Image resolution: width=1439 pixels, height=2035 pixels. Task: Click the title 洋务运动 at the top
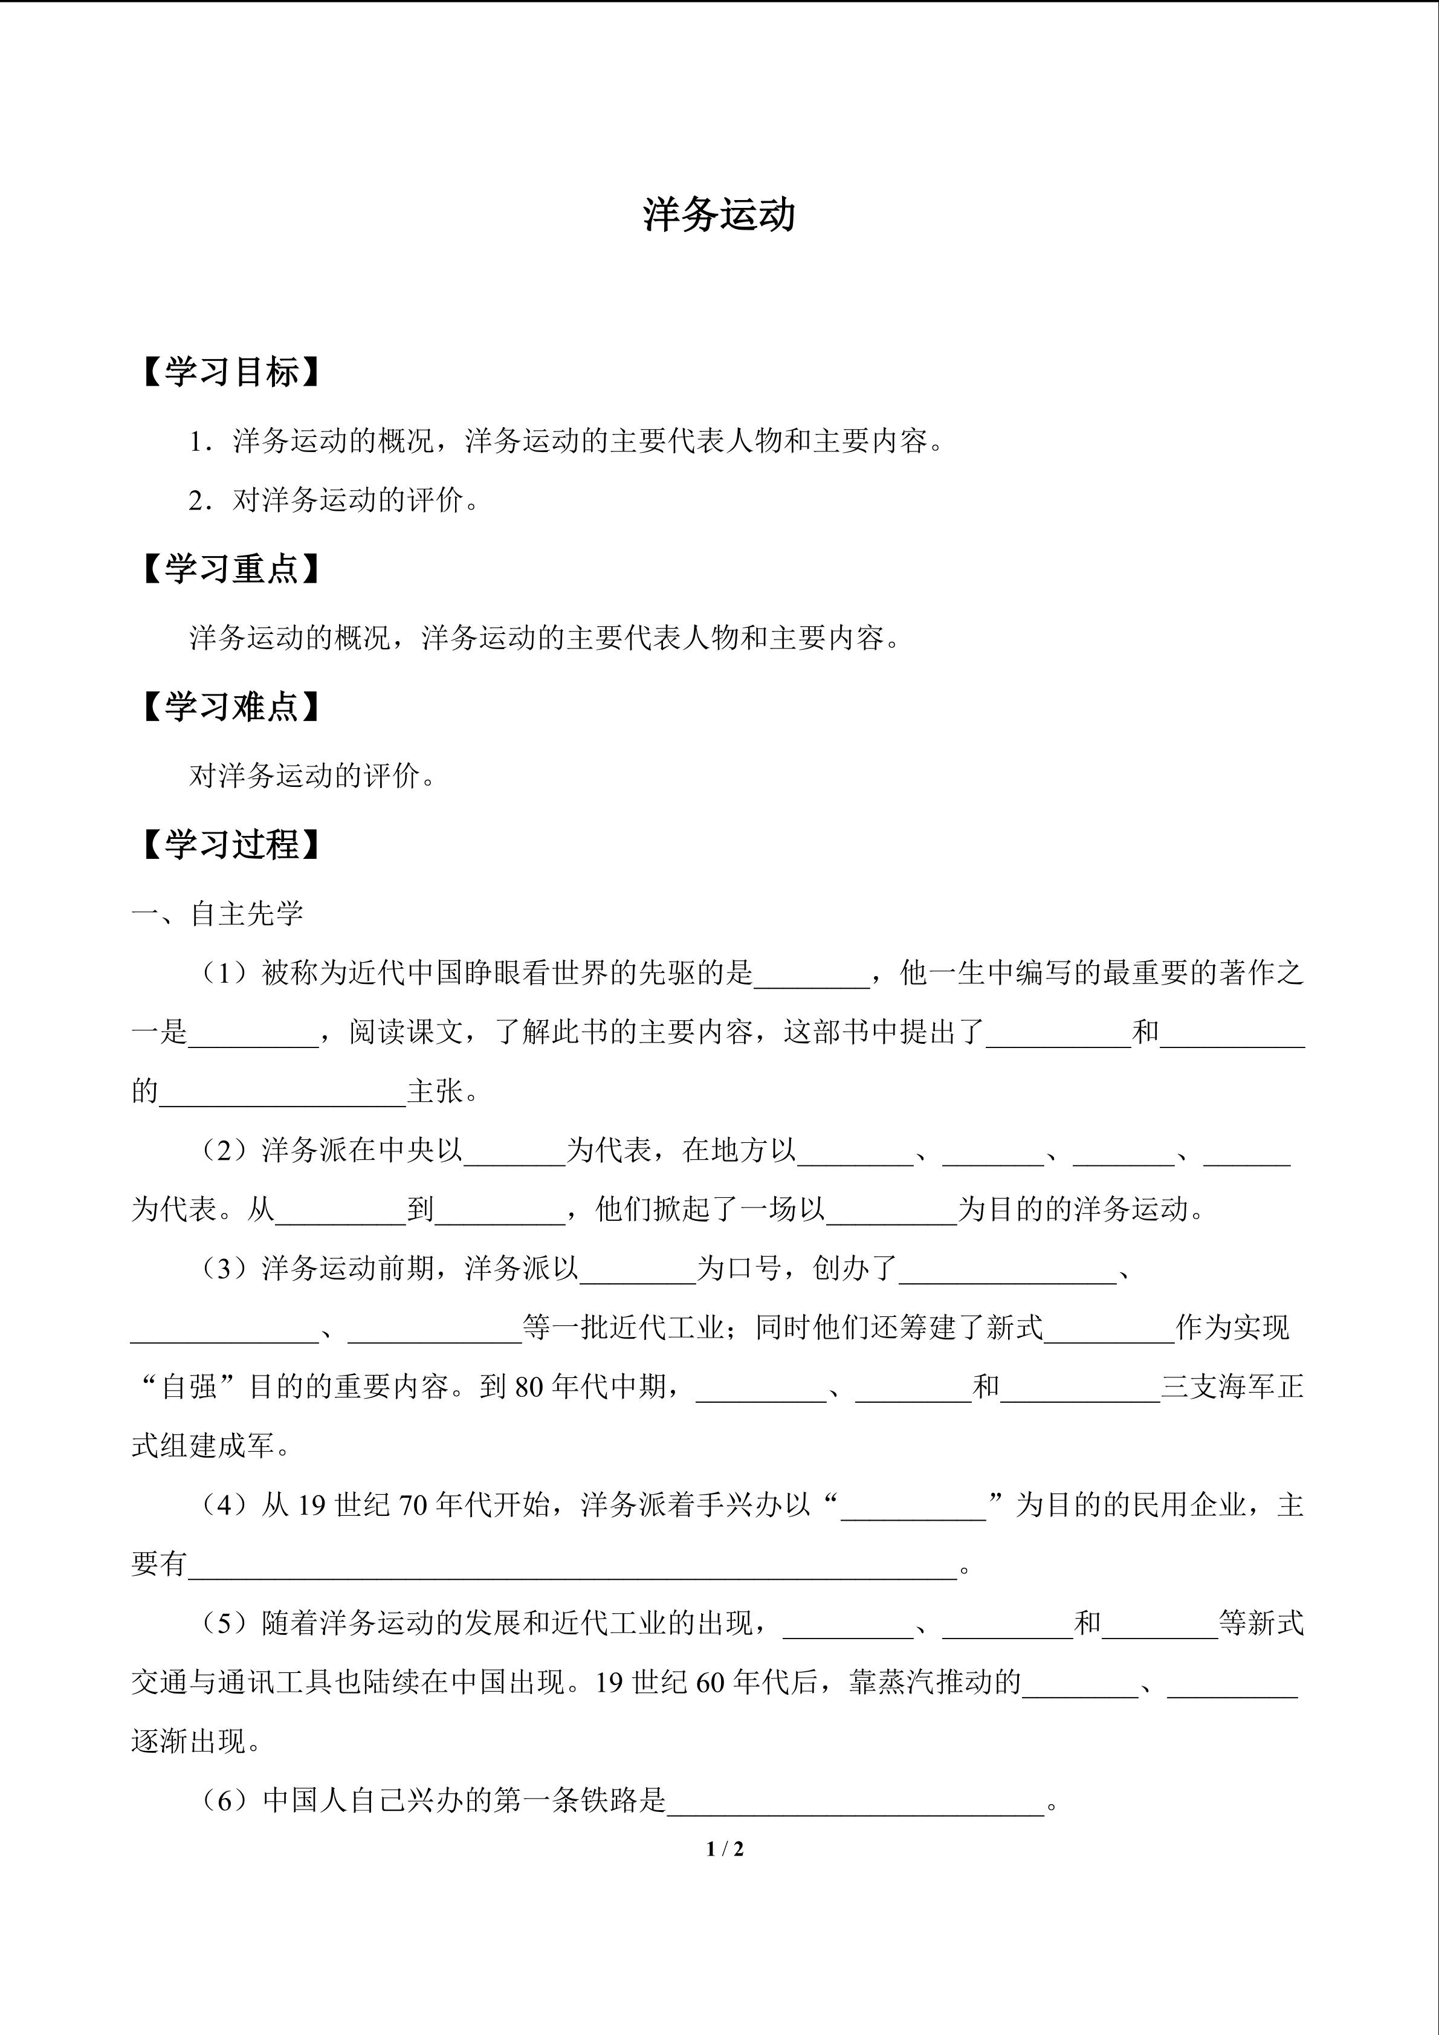(719, 215)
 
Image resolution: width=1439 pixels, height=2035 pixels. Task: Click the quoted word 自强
(190, 1387)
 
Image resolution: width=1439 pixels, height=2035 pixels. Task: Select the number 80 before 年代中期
(528, 1387)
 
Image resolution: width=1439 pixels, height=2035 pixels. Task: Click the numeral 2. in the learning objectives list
(199, 501)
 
